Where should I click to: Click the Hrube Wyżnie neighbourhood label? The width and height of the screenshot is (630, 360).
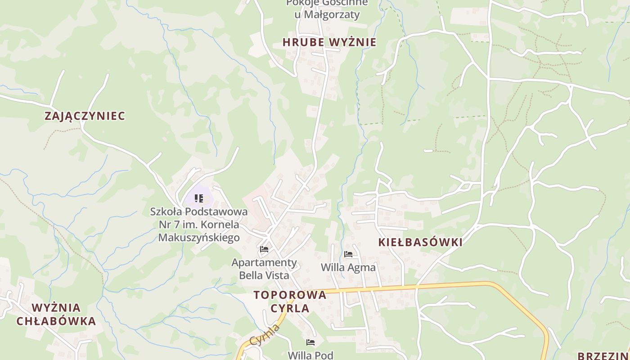(x=329, y=42)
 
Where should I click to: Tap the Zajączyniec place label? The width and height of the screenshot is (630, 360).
(x=85, y=116)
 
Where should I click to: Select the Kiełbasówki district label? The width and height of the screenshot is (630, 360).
(x=420, y=242)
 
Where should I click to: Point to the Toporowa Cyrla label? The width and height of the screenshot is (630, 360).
(x=290, y=301)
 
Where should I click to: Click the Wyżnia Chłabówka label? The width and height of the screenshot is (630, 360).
(x=56, y=315)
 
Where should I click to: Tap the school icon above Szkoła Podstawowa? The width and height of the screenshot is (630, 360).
(x=199, y=198)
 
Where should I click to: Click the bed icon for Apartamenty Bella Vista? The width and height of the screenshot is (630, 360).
(x=264, y=249)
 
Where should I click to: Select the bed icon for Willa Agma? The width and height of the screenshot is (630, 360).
(x=348, y=254)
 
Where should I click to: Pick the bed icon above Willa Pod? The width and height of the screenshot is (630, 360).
(x=310, y=342)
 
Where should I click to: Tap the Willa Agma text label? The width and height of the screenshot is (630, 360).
(x=348, y=267)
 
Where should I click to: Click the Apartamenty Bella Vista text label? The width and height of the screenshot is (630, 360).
(x=264, y=269)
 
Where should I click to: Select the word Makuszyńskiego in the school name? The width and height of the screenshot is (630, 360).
(x=199, y=237)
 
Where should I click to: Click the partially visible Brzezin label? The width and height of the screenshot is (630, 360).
(x=603, y=356)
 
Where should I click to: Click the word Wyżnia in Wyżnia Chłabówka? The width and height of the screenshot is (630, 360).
(x=56, y=308)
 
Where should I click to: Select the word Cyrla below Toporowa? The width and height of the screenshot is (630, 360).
(x=290, y=308)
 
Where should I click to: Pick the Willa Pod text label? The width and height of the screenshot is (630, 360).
(x=310, y=355)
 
